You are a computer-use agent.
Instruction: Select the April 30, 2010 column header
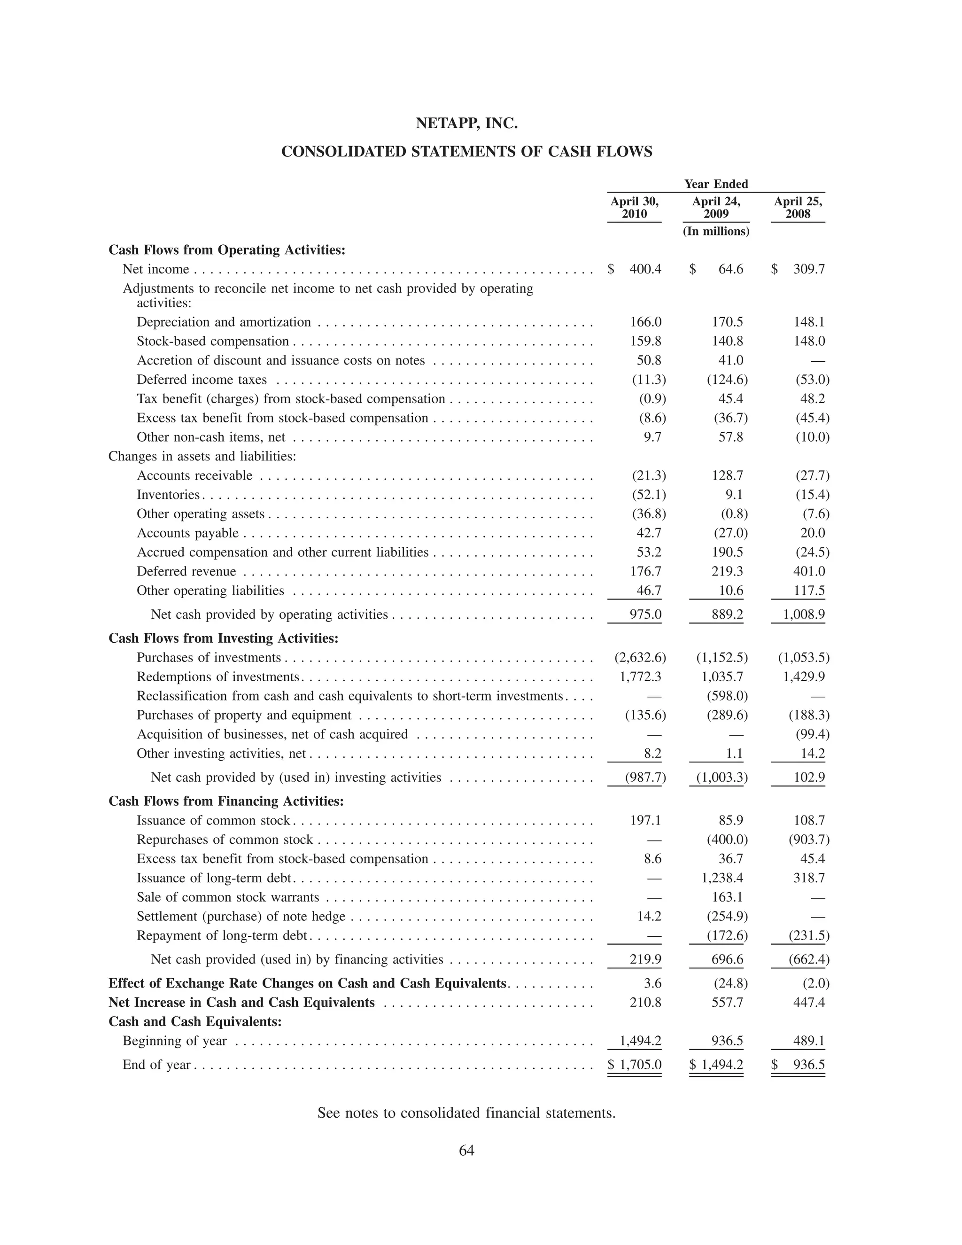pos(634,208)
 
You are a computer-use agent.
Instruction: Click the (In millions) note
pos(716,232)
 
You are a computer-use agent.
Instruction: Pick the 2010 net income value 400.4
pos(645,269)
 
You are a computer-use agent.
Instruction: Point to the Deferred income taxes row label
pos(202,380)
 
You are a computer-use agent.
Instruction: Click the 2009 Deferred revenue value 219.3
pos(727,571)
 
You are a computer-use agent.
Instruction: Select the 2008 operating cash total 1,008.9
pos(804,615)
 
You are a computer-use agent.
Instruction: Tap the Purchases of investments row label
pos(209,658)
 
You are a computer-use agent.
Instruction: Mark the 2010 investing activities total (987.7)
pos(645,778)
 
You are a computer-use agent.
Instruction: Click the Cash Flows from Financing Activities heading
pos(226,801)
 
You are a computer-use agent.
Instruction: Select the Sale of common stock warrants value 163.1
pos(727,897)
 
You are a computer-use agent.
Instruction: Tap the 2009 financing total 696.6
pos(727,959)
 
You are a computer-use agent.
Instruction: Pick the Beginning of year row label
pos(174,1041)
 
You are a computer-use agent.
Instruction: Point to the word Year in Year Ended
pos(697,184)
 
